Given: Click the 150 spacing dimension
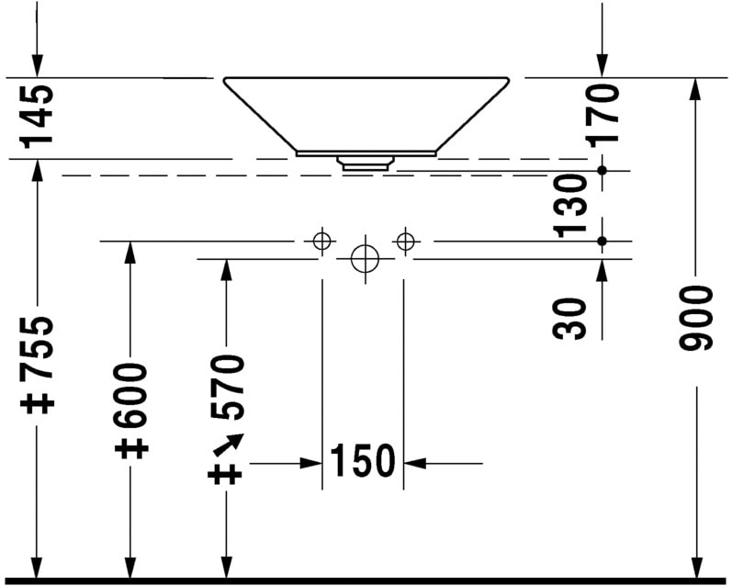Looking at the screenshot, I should [363, 461].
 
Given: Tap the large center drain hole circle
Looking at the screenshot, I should [365, 259].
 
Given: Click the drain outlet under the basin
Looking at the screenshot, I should [367, 163].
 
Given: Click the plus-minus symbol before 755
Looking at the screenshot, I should [38, 402].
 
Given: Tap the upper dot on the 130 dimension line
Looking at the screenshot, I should [602, 170].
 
